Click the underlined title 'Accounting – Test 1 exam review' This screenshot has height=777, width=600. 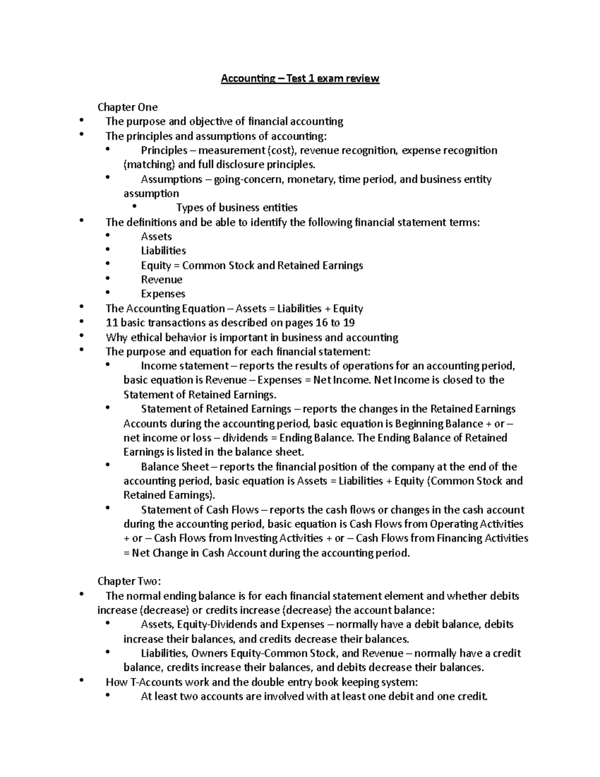pyautogui.click(x=300, y=79)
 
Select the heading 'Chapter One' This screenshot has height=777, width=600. pyautogui.click(x=127, y=107)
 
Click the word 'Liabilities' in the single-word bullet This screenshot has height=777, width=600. pyautogui.click(x=163, y=251)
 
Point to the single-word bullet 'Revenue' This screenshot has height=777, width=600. pyautogui.click(x=161, y=280)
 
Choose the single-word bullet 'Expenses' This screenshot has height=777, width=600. pyautogui.click(x=163, y=294)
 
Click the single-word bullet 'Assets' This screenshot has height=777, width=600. pyautogui.click(x=156, y=237)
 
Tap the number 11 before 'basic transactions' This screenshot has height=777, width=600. pyautogui.click(x=111, y=323)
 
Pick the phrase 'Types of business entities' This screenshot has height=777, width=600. pyautogui.click(x=236, y=208)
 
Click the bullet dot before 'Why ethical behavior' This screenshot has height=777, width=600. pyautogui.click(x=81, y=336)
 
